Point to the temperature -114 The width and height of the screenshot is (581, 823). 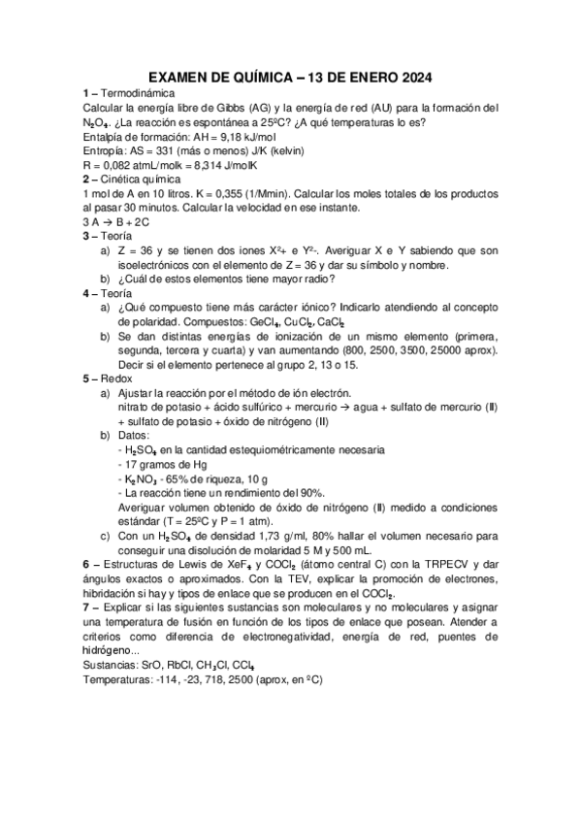[165, 680]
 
